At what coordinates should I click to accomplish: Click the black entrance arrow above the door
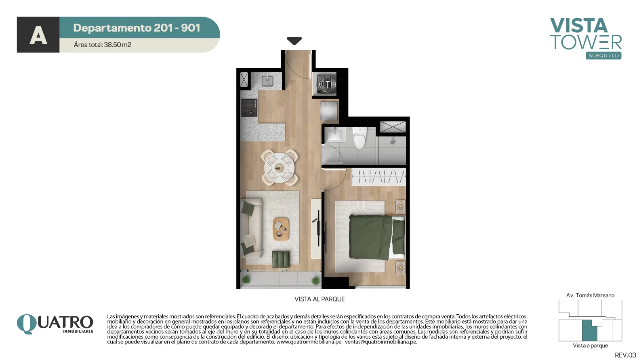294,40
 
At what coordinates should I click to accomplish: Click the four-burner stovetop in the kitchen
249,108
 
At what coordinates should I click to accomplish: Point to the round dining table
279,168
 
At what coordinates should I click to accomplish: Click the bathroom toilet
359,137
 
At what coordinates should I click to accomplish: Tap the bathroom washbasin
335,134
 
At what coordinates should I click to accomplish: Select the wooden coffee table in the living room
281,229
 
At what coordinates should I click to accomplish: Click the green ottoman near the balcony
281,259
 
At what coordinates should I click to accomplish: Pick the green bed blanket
371,237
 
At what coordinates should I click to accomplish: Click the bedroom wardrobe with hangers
378,177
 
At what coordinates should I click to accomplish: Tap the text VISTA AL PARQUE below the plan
319,299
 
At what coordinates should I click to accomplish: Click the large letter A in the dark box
38,36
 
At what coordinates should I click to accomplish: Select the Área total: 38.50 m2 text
103,45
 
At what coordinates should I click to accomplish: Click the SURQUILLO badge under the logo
603,56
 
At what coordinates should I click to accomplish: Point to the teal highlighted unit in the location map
589,331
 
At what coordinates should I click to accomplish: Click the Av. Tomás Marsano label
590,295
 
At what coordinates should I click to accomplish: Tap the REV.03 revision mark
625,355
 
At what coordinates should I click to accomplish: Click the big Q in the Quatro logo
27,324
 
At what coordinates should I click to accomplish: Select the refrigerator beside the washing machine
329,111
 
